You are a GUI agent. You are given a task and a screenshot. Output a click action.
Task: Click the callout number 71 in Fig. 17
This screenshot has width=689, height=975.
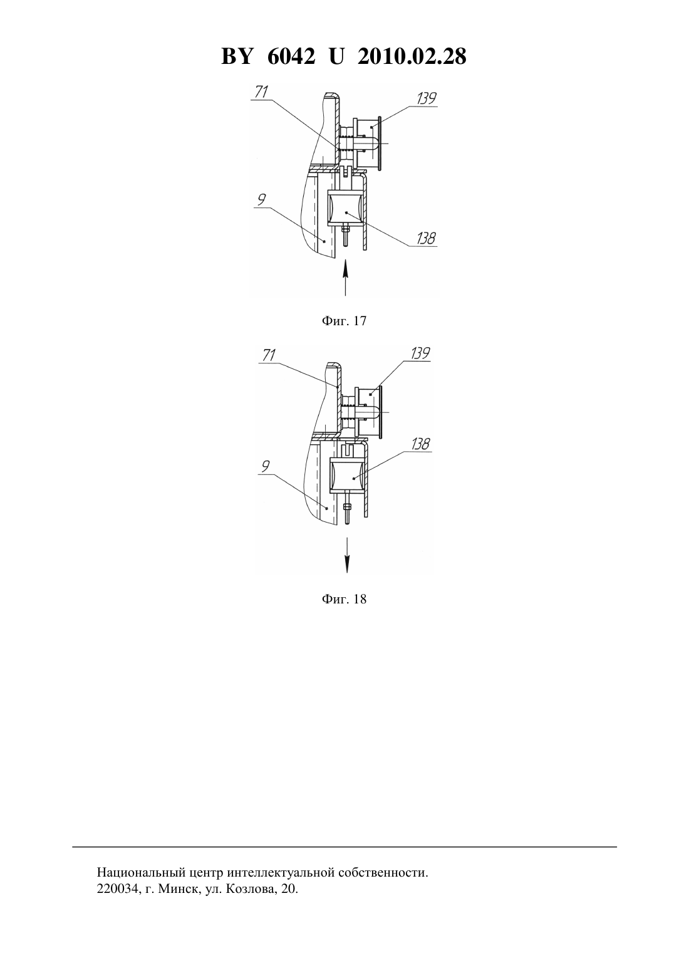pos(261,92)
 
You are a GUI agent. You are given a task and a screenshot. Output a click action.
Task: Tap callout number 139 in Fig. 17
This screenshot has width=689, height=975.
pos(427,98)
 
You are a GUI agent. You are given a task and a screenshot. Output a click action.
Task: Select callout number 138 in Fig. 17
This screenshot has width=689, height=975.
pos(426,239)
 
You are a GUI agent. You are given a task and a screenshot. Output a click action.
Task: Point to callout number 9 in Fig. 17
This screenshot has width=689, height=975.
pos(261,200)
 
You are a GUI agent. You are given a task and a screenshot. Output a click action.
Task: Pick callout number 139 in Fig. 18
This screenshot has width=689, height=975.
pos(420,353)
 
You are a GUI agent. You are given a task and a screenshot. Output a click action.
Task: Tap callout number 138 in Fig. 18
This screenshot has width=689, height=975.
pos(421,444)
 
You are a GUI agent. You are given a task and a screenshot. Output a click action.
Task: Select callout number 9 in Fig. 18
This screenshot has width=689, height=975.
pos(266,467)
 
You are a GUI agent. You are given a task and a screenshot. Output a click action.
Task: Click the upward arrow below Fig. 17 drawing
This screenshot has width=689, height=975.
pos(345,278)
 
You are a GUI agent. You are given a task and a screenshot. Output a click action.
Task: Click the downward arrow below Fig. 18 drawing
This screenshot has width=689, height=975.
pos(347,555)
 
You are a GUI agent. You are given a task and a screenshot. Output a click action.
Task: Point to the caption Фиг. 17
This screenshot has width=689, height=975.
pos(344,321)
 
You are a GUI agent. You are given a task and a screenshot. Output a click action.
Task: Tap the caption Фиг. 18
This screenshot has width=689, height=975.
pos(344,600)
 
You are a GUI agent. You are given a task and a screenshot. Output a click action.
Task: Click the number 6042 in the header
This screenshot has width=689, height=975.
pos(291,56)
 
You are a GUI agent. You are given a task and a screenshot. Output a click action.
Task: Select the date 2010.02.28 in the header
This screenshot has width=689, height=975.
pos(412,56)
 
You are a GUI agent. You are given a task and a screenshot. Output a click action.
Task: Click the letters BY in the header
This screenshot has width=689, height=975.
pos(237,56)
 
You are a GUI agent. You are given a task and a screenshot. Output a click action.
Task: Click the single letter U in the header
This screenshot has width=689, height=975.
pos(336,56)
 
